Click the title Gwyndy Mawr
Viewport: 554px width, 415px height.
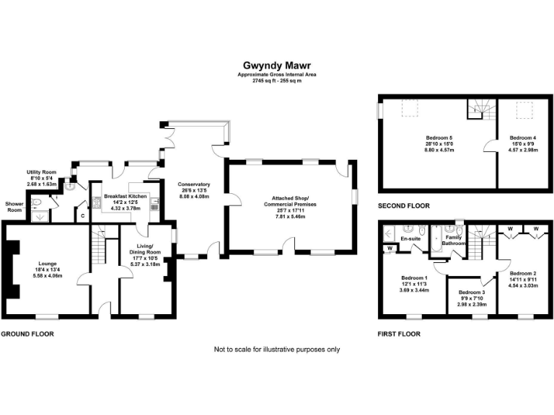click(x=277, y=65)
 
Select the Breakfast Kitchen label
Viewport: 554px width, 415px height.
click(x=126, y=196)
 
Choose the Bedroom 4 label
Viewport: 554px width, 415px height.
click(x=523, y=137)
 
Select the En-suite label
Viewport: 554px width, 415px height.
click(x=410, y=238)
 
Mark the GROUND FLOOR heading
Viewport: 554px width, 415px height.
click(x=27, y=334)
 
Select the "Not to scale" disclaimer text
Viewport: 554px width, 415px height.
click(x=277, y=349)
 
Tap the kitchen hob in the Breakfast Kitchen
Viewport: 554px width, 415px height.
click(x=95, y=203)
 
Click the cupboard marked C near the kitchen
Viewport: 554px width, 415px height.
click(x=82, y=215)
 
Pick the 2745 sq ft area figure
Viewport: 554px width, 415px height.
click(x=277, y=80)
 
